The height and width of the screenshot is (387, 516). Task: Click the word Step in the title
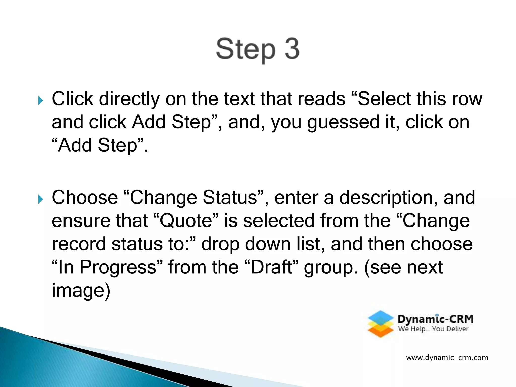click(246, 50)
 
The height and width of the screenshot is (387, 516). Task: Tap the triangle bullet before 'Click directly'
click(41, 101)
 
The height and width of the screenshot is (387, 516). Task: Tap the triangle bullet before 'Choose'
click(41, 199)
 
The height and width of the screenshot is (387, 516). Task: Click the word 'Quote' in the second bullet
click(186, 221)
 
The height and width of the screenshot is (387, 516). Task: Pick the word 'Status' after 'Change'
click(230, 198)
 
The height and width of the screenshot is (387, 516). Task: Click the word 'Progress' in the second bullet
click(118, 267)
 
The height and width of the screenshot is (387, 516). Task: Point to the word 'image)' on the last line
click(81, 291)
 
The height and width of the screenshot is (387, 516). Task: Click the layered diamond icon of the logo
click(380, 324)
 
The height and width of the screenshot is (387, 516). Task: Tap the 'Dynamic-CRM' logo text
click(435, 319)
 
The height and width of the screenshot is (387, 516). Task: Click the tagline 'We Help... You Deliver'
click(433, 329)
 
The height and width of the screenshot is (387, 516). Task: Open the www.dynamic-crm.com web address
click(447, 358)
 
